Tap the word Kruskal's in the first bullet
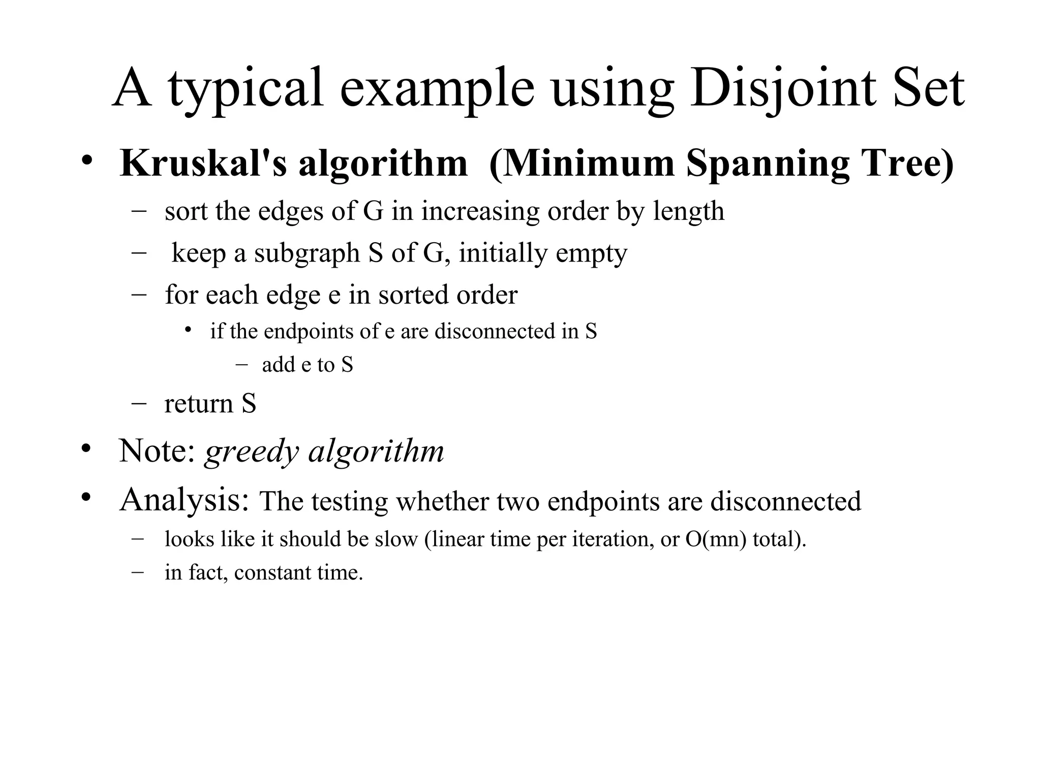pos(203,164)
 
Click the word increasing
pos(480,212)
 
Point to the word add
pos(278,365)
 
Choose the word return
pos(199,404)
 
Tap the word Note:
pos(157,450)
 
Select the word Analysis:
pos(185,500)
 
